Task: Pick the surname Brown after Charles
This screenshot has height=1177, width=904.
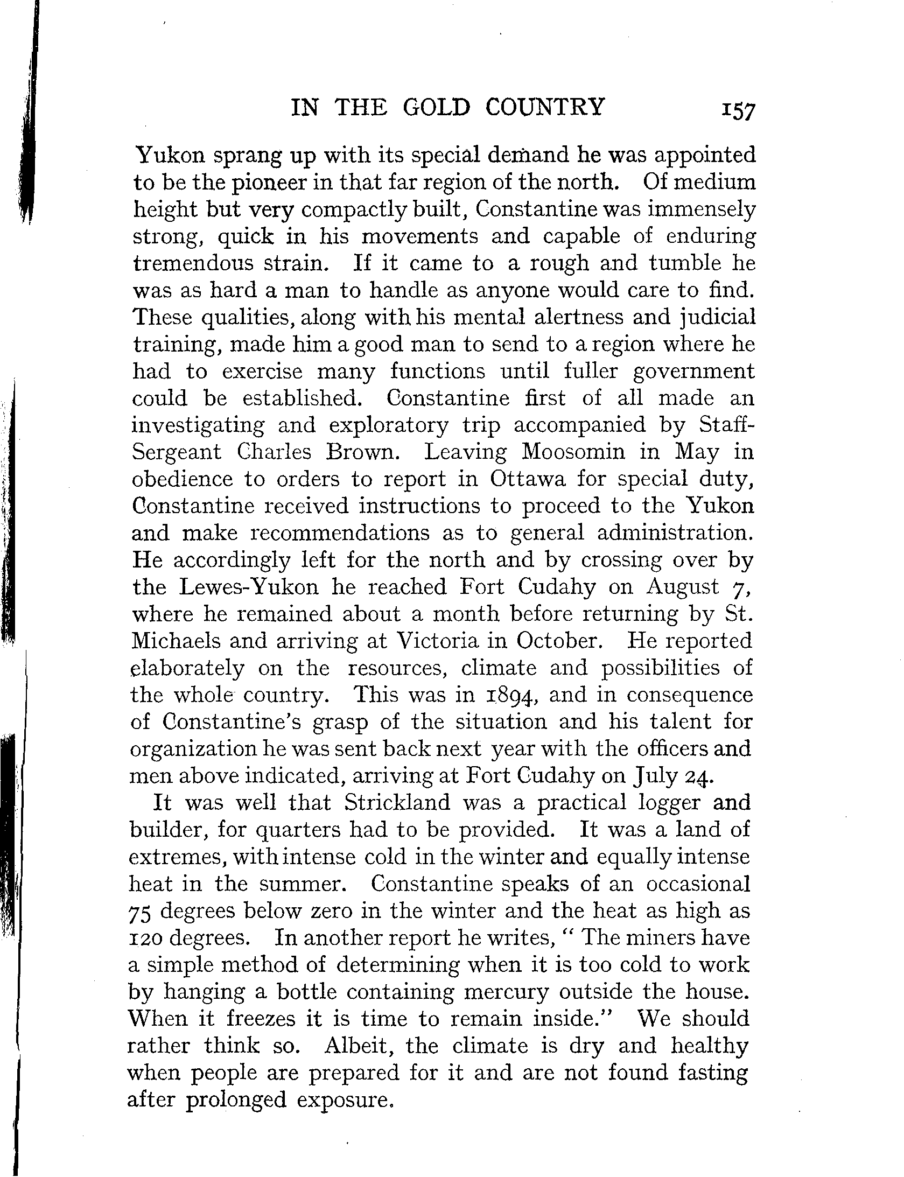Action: click(363, 452)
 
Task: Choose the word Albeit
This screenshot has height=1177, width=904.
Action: click(361, 1046)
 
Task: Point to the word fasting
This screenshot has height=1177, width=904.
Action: click(712, 1073)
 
